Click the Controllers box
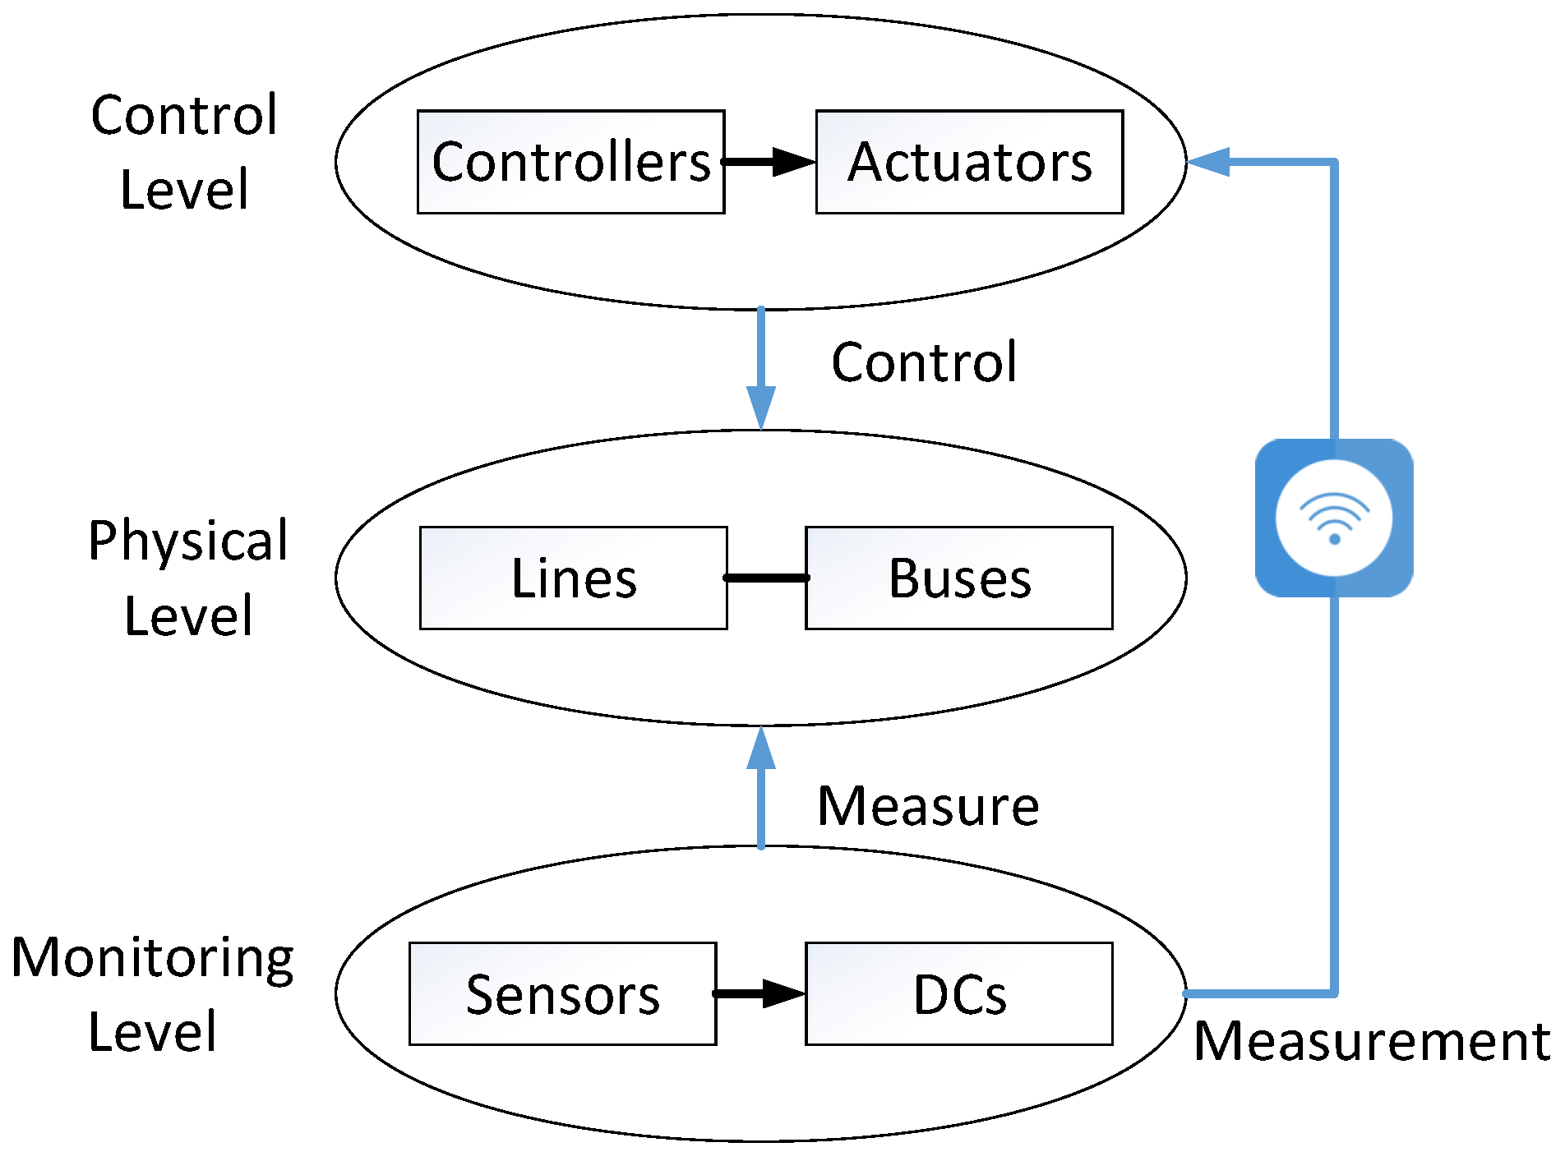tap(570, 162)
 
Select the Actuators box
tap(969, 162)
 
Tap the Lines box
tap(573, 578)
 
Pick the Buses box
tap(958, 578)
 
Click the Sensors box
tap(562, 993)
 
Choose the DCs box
tap(958, 993)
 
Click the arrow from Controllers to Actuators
tap(769, 162)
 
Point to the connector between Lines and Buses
tap(766, 578)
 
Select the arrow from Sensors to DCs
tap(759, 993)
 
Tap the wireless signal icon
tap(1334, 518)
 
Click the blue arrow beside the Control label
tap(761, 368)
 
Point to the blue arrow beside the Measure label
tap(761, 787)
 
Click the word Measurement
tap(1372, 1041)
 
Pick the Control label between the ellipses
tap(924, 362)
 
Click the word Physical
tap(188, 541)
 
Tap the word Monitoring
tap(153, 959)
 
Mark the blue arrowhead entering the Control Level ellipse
tap(1208, 162)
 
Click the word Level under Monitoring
tap(153, 1032)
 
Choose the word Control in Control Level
tap(184, 115)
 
